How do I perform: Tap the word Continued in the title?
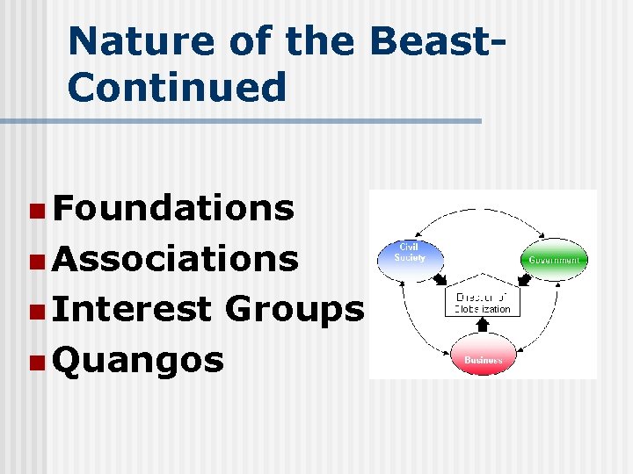click(177, 87)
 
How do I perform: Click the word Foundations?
click(173, 208)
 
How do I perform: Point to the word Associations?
click(176, 259)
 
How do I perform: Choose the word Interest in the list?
click(132, 309)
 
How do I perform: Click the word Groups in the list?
click(295, 309)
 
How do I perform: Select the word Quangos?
click(138, 359)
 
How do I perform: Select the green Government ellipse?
click(553, 261)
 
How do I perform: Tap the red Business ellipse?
click(483, 360)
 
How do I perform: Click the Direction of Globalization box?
click(483, 304)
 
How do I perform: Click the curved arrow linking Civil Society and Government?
click(483, 211)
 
